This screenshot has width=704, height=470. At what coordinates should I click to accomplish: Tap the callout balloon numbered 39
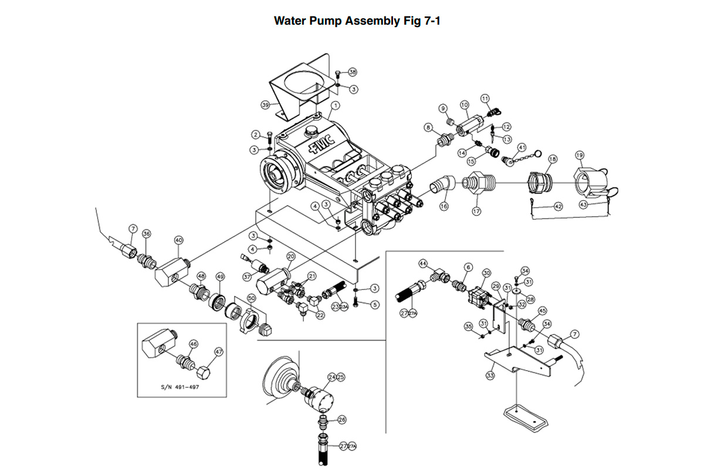[x=265, y=105]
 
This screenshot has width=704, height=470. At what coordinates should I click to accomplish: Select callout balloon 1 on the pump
[x=336, y=106]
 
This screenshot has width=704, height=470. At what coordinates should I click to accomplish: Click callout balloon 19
[x=580, y=156]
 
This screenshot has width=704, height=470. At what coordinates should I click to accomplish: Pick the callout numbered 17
[x=476, y=211]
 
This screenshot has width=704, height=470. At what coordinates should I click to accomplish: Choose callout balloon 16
[x=444, y=207]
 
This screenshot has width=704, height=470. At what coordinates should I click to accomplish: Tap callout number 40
[x=179, y=240]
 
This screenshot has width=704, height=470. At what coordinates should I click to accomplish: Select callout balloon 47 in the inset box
[x=218, y=352]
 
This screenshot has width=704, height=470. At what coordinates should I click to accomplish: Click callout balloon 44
[x=423, y=263]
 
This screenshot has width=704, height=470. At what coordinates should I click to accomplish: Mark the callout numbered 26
[x=342, y=420]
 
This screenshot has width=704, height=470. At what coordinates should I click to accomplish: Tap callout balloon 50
[x=251, y=298]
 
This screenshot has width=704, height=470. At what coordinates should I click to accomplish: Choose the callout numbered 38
[x=353, y=72]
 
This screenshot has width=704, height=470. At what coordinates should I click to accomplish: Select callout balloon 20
[x=291, y=256]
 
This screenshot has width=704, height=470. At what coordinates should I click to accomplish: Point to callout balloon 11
[x=485, y=98]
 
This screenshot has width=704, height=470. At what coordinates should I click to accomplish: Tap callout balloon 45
[x=542, y=311]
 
